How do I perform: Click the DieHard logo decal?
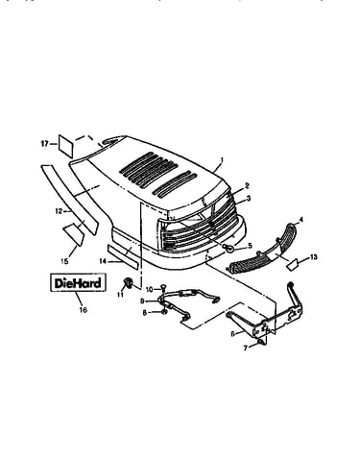click(x=78, y=282)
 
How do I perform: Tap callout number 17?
click(x=44, y=144)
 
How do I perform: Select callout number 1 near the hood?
click(x=222, y=159)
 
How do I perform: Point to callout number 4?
click(x=300, y=220)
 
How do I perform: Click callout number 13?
click(x=313, y=257)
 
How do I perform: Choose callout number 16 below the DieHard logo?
click(x=84, y=310)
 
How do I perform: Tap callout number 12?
click(x=60, y=211)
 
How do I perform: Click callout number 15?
click(x=64, y=261)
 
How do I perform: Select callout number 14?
click(x=103, y=261)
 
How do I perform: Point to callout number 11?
click(x=120, y=295)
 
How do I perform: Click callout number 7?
click(x=246, y=348)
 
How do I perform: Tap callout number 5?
click(x=250, y=246)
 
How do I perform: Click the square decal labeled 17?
click(x=66, y=146)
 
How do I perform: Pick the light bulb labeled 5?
click(x=229, y=248)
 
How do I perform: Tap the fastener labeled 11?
click(x=128, y=282)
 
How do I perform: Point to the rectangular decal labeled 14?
click(x=123, y=256)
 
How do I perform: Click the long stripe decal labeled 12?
click(x=69, y=200)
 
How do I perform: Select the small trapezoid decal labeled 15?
click(x=74, y=234)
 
